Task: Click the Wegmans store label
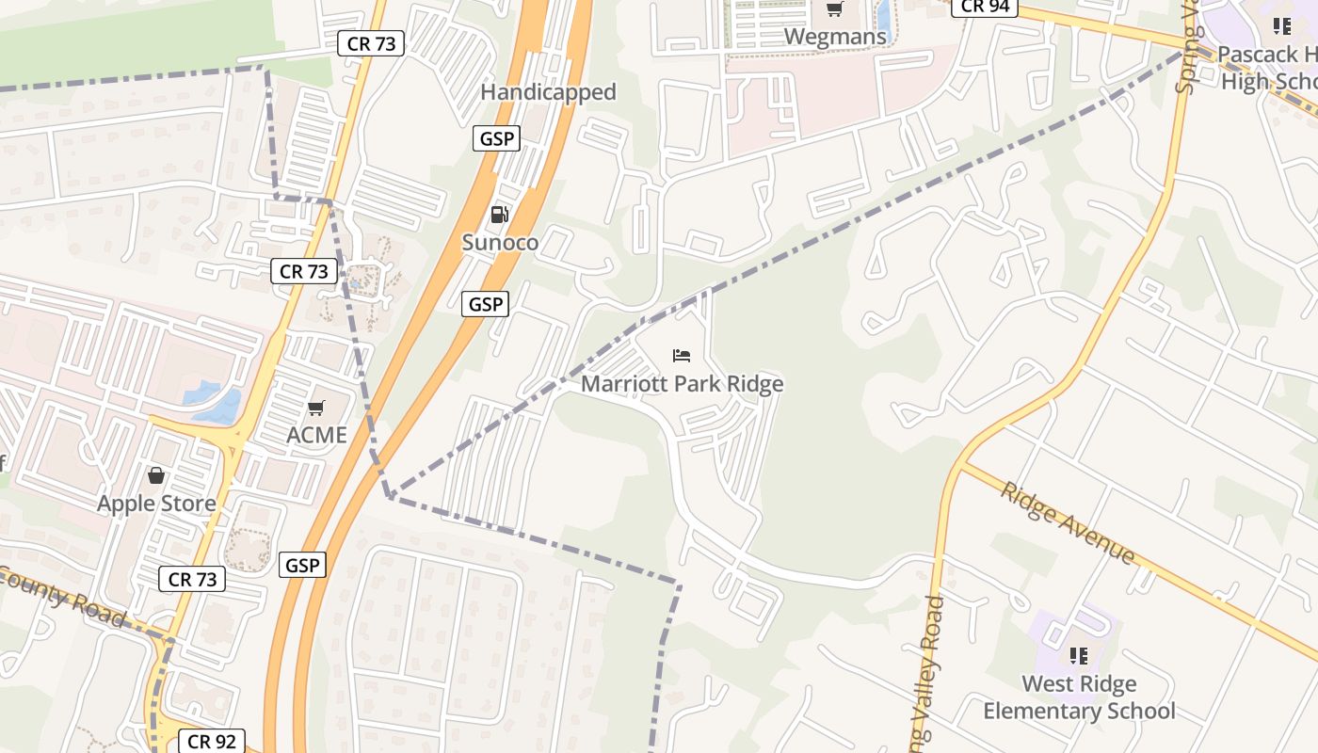point(835,37)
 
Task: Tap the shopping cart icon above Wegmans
point(834,9)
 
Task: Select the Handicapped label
point(548,92)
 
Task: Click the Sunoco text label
point(500,243)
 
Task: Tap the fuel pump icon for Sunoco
point(500,215)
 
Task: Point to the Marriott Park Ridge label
point(682,384)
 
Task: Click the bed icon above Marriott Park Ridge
point(683,356)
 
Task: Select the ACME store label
point(317,436)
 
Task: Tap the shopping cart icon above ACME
point(316,409)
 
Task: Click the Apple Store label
point(156,504)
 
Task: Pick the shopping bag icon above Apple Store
point(156,475)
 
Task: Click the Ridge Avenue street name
point(1068,522)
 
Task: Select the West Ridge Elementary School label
point(1079,697)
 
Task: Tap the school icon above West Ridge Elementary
point(1079,655)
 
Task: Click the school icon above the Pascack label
point(1281,26)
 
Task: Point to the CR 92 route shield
point(211,742)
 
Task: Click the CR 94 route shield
point(986,7)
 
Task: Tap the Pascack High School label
point(1267,68)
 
